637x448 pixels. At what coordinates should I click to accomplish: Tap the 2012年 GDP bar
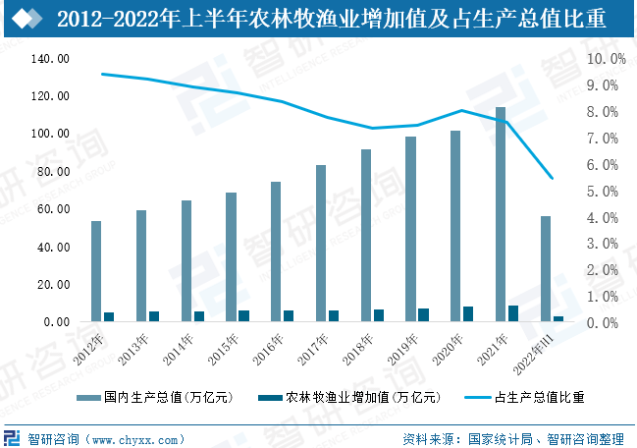pos(96,271)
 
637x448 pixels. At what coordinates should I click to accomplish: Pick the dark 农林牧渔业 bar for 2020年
pos(467,314)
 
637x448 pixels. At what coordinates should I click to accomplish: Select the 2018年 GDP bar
pos(366,235)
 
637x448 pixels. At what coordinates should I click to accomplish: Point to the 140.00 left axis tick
pos(50,59)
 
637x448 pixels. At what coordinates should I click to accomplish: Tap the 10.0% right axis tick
pos(606,59)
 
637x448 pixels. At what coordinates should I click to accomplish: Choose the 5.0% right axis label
pos(603,191)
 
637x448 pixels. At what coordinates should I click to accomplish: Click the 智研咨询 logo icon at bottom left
pos(14,437)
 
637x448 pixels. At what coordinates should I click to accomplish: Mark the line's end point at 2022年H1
pos(552,178)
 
